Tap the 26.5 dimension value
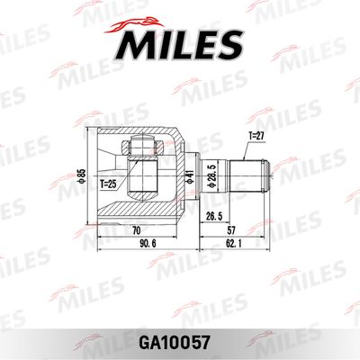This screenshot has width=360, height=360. pyautogui.click(x=212, y=216)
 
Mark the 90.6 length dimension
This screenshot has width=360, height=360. pyautogui.click(x=143, y=244)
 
